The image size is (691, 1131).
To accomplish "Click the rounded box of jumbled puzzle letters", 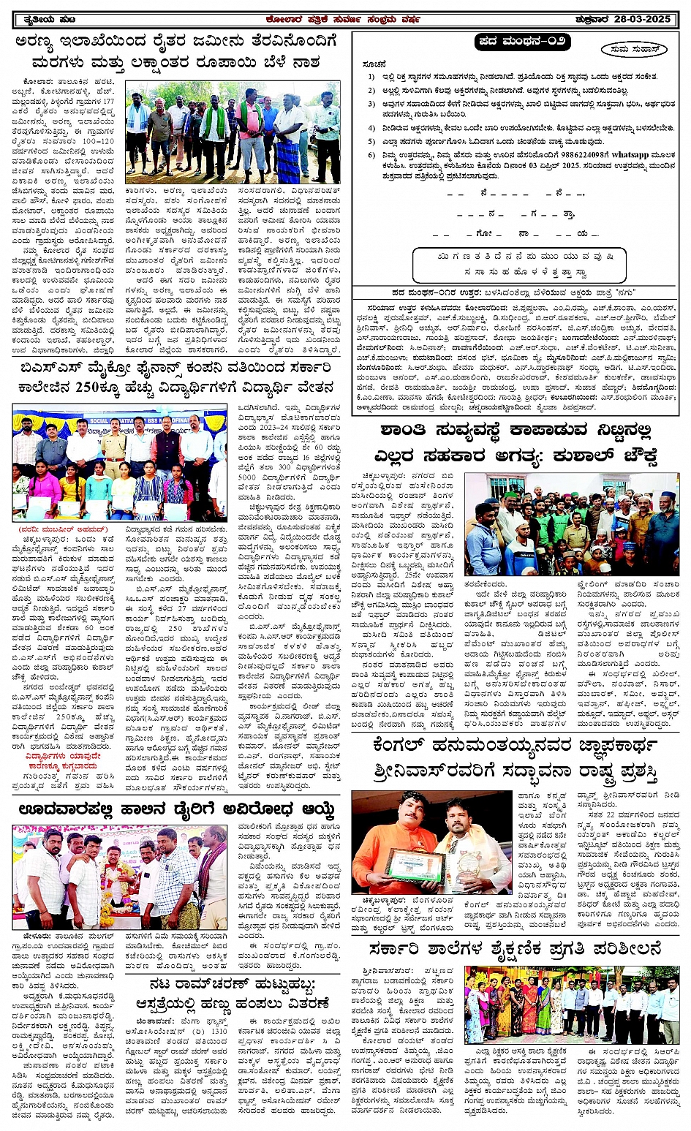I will click(x=519, y=265).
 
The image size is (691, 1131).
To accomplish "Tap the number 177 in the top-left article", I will click(x=108, y=102).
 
